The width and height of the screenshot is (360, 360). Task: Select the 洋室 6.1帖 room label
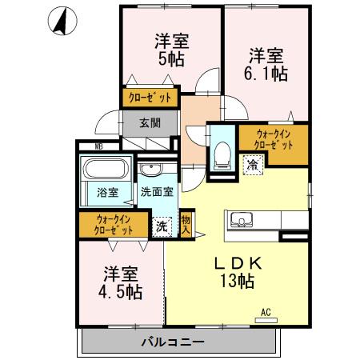265,64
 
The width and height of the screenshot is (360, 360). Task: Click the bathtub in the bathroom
107,171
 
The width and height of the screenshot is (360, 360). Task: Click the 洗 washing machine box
162,226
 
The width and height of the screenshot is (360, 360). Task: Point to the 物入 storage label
186,224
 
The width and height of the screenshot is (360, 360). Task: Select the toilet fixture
222,153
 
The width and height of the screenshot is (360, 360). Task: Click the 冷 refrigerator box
252,166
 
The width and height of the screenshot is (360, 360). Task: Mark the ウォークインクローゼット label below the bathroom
113,224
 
